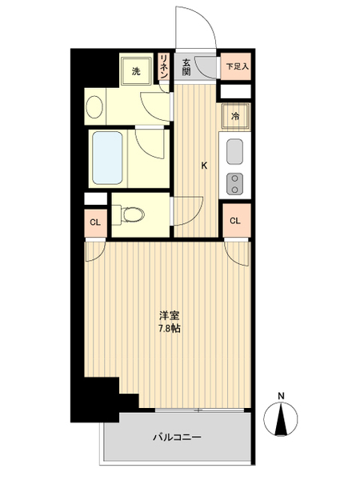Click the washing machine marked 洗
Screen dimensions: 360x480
136,71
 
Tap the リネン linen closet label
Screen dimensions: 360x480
164,66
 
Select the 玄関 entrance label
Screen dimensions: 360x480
186,67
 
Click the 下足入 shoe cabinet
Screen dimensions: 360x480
236,66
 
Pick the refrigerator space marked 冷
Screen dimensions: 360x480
236,116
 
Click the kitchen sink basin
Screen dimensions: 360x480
234,151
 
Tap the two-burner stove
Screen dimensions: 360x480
234,184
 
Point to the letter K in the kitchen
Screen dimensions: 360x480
204,166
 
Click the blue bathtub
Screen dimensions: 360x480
107,158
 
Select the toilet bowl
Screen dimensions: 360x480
132,214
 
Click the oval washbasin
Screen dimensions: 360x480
94,107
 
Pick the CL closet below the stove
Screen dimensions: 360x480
235,221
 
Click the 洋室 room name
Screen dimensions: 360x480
169,315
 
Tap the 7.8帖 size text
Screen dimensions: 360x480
169,329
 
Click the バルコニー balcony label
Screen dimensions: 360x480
178,437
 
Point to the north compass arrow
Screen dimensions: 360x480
281,419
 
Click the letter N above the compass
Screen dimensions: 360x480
281,396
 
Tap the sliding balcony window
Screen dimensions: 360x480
199,410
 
